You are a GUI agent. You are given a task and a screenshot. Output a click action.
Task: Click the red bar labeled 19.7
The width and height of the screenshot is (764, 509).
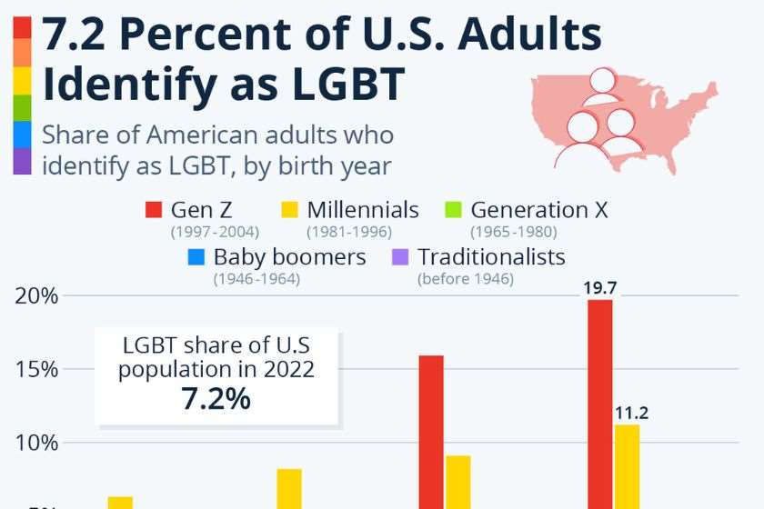coord(599,404)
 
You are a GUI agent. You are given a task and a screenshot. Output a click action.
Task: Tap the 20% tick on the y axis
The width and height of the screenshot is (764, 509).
coord(36,295)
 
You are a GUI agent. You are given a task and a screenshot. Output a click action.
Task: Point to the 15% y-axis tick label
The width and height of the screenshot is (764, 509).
coord(36,369)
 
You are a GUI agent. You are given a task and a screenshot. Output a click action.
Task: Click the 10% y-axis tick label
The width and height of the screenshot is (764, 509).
coord(36,443)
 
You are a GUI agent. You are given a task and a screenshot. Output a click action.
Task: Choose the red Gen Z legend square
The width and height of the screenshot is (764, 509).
coord(154,211)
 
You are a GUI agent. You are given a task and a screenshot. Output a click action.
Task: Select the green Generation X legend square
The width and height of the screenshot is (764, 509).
coord(453,211)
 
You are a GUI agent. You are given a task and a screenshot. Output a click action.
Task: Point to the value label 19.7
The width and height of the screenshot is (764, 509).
coord(599,288)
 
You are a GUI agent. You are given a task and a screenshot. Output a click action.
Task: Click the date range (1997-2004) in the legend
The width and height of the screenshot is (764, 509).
coord(215,232)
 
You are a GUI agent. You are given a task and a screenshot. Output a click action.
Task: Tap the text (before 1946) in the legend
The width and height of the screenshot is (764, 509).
coord(465,279)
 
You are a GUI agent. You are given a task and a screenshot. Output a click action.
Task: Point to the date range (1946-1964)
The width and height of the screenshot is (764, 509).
coord(256,279)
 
